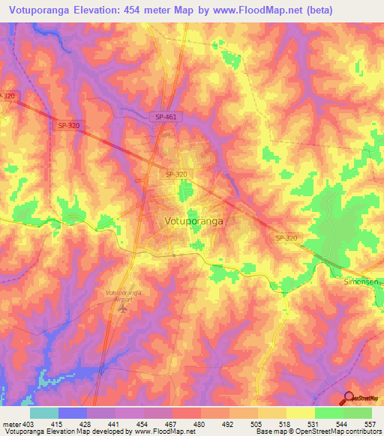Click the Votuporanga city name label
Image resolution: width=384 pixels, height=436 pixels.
click(193, 222)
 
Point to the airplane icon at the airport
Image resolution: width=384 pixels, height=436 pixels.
click(124, 308)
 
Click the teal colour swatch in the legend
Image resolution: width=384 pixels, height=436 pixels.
click(44, 413)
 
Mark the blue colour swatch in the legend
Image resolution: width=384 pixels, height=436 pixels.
click(73, 413)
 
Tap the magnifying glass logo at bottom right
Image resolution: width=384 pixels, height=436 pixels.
click(349, 398)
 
